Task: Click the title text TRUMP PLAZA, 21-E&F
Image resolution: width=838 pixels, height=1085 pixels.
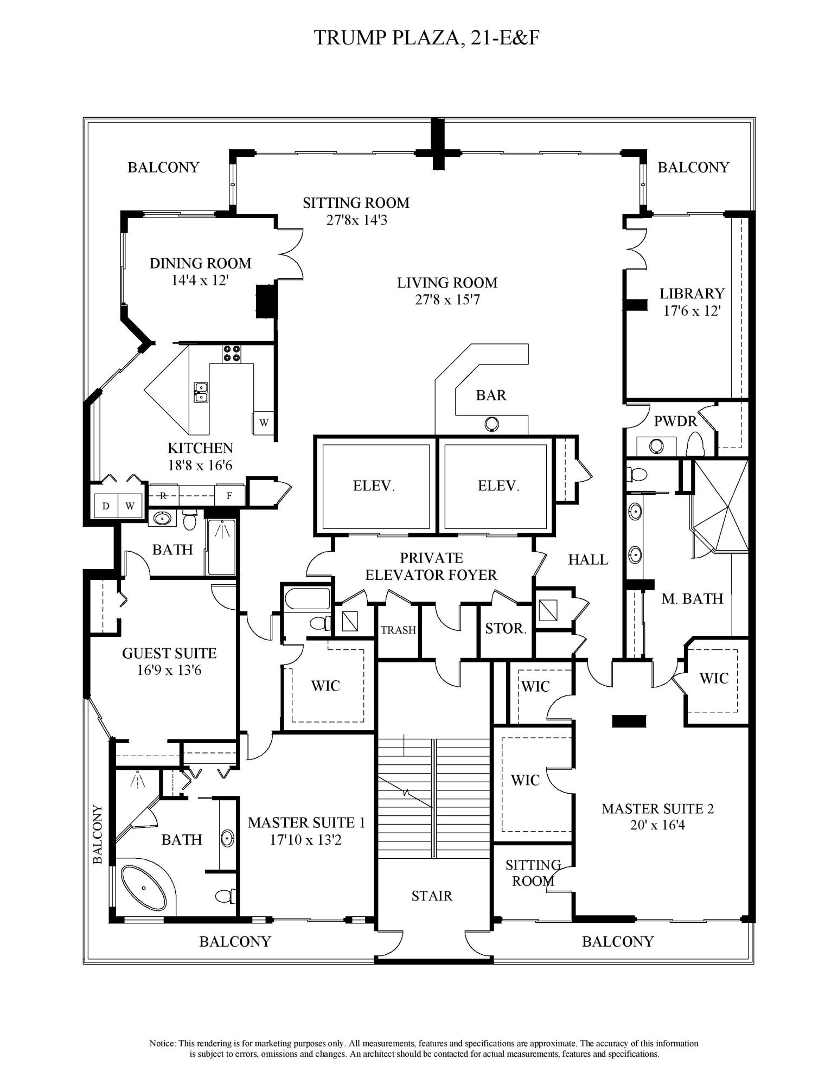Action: click(427, 38)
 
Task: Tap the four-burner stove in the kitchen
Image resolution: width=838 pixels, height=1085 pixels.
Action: click(232, 354)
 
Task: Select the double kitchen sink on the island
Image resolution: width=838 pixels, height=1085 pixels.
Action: click(201, 392)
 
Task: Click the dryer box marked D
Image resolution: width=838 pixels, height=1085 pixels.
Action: click(106, 506)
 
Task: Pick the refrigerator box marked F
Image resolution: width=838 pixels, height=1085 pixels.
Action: click(229, 495)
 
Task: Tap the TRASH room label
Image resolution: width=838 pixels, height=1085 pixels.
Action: click(398, 630)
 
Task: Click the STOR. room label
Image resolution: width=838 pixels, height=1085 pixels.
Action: click(506, 629)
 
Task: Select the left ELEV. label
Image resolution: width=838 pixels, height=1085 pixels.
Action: click(374, 486)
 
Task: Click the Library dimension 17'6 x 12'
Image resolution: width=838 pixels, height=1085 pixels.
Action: click(692, 311)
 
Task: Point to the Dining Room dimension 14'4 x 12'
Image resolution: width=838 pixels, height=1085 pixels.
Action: click(200, 280)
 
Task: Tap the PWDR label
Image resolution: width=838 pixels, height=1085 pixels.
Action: click(675, 421)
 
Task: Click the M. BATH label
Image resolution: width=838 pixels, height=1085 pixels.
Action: click(692, 598)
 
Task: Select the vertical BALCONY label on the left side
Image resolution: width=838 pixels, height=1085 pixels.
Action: click(98, 834)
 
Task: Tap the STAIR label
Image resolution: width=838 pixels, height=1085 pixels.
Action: click(432, 896)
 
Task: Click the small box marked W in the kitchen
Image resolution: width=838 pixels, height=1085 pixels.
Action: click(264, 423)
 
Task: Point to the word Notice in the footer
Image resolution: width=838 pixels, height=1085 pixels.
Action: click(163, 1043)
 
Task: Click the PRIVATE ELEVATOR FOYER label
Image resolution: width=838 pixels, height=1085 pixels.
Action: click(431, 566)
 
